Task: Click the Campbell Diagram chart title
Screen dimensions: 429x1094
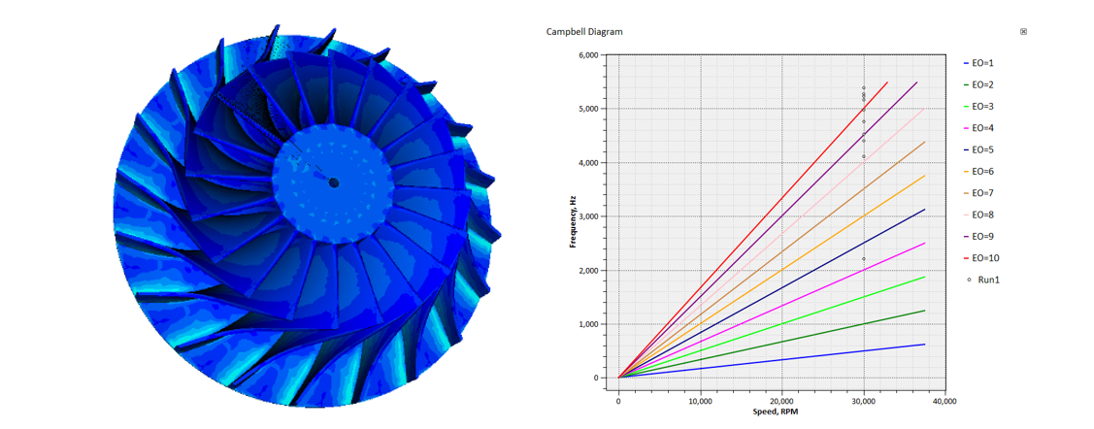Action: [584, 32]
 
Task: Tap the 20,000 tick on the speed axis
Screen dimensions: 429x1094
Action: [781, 399]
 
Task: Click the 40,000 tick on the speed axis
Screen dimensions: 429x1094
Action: [945, 399]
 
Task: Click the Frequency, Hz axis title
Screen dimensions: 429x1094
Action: [574, 221]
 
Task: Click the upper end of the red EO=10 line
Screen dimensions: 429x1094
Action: [887, 82]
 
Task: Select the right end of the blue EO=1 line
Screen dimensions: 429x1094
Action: [924, 345]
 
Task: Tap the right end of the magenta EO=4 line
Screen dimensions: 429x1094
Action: [924, 244]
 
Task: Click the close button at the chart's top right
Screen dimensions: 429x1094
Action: [1023, 32]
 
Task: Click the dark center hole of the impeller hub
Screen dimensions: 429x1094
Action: [333, 181]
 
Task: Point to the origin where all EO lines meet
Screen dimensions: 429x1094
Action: [619, 378]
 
